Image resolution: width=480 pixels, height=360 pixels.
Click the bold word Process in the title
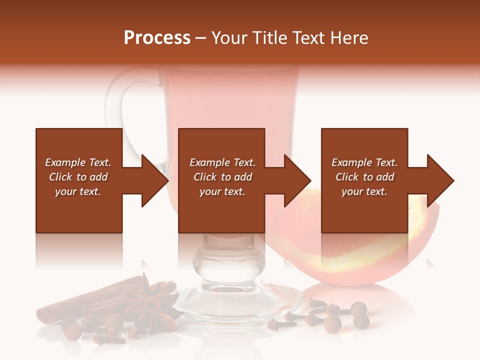(157, 38)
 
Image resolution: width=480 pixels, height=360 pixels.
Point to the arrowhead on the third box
(439, 180)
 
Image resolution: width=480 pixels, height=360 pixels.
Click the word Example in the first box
(65, 162)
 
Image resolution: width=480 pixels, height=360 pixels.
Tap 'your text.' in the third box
(364, 191)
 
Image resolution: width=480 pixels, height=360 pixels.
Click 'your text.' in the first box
(78, 191)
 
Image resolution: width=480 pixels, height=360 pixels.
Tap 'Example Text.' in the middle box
(222, 162)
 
